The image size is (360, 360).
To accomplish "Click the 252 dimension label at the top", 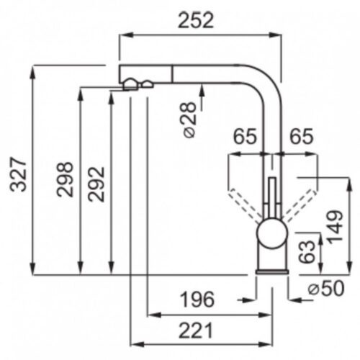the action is pos(196,20).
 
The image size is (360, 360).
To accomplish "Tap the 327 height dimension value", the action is pos(18,174).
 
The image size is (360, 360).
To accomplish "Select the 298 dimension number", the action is pos(65,179).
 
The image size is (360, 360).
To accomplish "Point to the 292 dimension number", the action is pos(96,184).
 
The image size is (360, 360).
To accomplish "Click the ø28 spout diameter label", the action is pos(190,120).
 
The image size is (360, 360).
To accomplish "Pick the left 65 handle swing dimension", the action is pos(245,136).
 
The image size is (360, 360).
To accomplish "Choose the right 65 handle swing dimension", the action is pos(302,136).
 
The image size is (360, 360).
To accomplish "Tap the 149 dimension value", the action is pos(336,227).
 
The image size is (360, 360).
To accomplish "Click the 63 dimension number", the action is pos(307,251).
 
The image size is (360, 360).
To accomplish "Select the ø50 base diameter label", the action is pos(326,288).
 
